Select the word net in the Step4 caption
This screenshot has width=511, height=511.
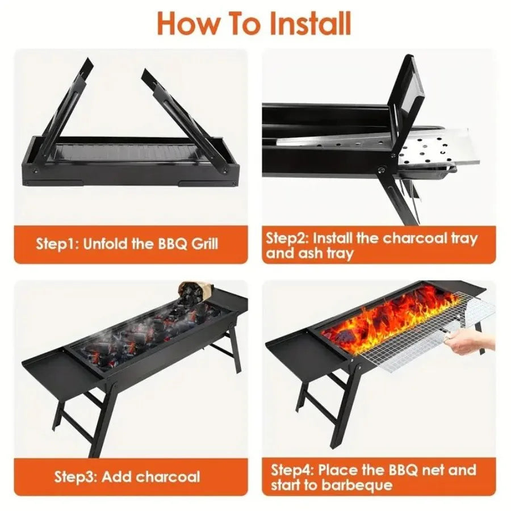(437, 470)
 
